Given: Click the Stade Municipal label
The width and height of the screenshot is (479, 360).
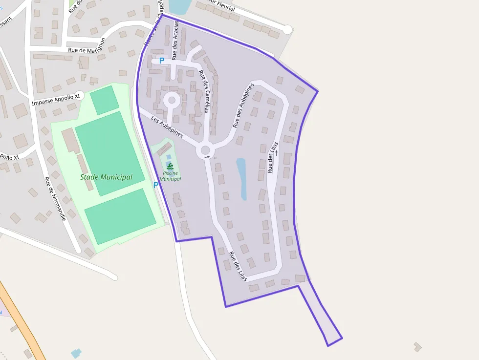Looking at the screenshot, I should [106, 177].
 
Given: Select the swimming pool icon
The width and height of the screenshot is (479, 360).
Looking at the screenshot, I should [170, 166].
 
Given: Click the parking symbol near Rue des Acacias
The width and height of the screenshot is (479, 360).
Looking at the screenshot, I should [161, 61].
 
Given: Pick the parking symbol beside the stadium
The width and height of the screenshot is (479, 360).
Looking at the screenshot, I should [156, 185].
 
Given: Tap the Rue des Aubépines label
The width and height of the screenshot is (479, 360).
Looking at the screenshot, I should [243, 106].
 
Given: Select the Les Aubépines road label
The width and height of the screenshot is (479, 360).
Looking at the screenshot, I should [167, 127].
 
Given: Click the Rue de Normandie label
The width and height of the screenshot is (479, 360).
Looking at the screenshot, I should [55, 198].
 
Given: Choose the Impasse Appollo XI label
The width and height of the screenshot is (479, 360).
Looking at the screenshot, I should [55, 100].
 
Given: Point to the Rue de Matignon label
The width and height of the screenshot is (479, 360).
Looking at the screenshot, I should [87, 47].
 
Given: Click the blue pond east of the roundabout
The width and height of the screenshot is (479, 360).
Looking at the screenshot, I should [242, 179].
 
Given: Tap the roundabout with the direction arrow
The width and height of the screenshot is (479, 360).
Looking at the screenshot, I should [205, 150].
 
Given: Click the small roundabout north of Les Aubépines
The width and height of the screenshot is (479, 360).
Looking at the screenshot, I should [172, 101].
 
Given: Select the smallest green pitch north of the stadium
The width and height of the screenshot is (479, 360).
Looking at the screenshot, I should [104, 100].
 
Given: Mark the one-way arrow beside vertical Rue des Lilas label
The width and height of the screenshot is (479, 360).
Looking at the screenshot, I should [276, 152].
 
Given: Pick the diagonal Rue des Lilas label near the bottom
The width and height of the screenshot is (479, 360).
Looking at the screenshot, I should [238, 266].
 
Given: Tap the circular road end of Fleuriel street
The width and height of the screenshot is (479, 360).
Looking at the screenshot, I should [287, 30].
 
